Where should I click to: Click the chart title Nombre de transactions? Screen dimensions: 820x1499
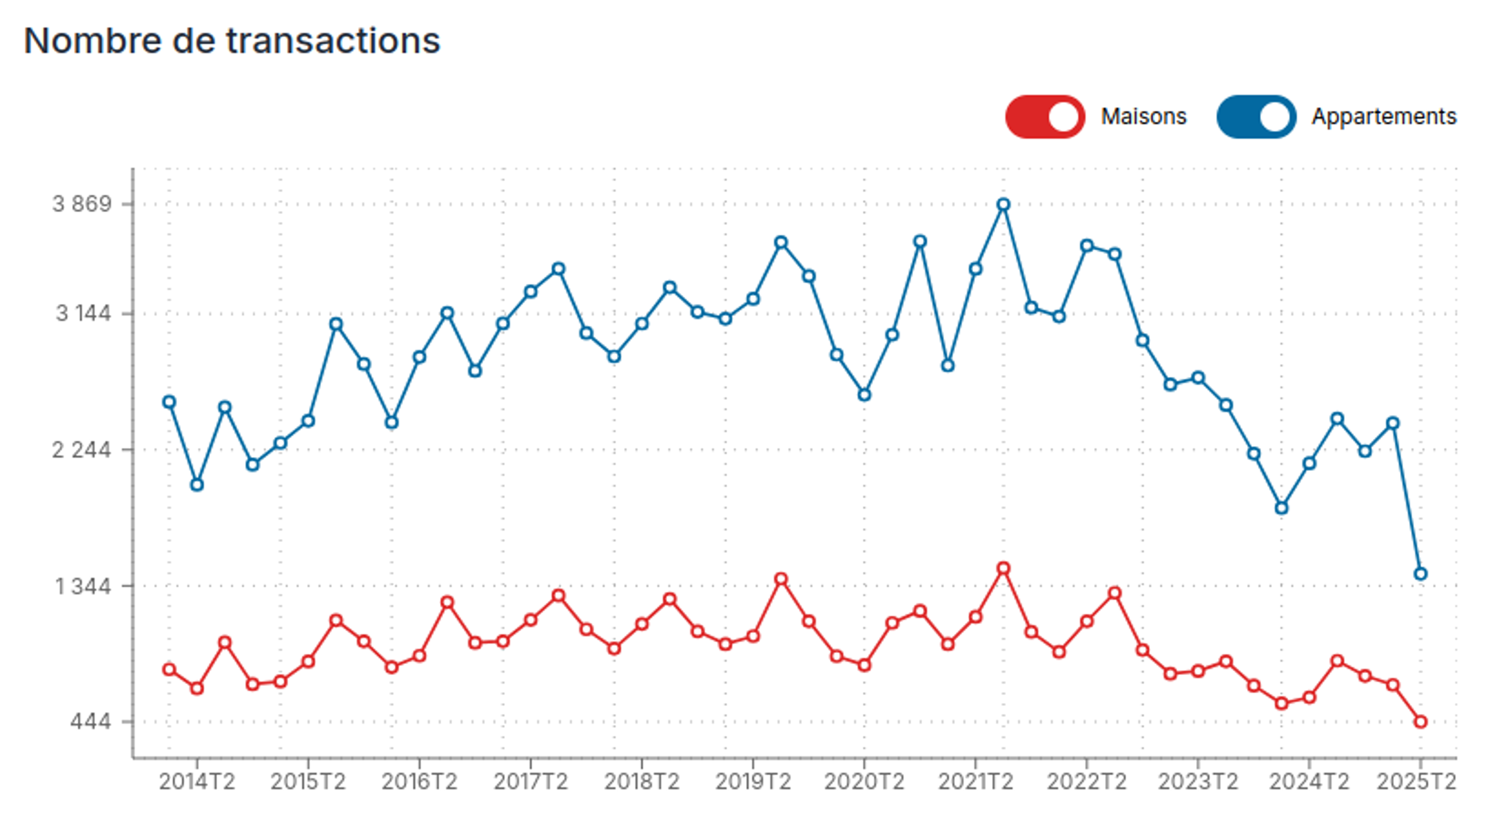pos(231,41)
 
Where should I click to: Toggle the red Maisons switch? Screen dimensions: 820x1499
pos(1045,116)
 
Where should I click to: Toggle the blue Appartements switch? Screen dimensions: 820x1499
pos(1256,116)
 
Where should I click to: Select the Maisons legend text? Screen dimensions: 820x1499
pos(1143,116)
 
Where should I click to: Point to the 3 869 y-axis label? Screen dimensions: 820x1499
pos(82,204)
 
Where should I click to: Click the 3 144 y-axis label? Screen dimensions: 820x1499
pos(83,314)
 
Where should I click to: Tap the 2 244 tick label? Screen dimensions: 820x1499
pos(82,450)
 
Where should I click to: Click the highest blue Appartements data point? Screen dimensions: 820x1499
pos(1003,204)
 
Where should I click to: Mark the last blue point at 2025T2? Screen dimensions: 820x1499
pos(1421,574)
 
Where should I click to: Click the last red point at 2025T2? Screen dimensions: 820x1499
pos(1421,722)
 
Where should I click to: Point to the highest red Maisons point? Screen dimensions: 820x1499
pos(1003,569)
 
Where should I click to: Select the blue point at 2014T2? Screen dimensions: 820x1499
pos(197,485)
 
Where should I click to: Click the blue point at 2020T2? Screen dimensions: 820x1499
pos(864,395)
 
